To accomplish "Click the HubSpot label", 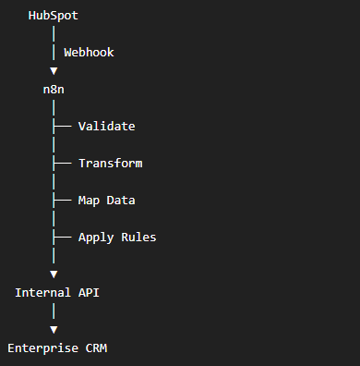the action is [x=54, y=16].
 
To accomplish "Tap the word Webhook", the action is [x=89, y=53].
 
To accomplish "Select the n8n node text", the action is [x=54, y=90].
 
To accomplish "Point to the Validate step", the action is [x=106, y=127].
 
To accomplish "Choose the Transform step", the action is [x=111, y=164].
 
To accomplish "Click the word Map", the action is [x=89, y=201].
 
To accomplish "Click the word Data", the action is [x=121, y=201].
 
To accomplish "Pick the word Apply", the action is [x=96, y=238].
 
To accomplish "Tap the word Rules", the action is [x=138, y=238].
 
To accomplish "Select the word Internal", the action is [x=42, y=293].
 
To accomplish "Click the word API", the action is [x=89, y=293].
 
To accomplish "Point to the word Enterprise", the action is [x=42, y=348].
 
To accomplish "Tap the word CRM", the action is [x=96, y=348].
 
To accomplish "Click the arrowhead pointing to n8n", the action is [x=54, y=71].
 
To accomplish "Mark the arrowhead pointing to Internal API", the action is [x=54, y=274].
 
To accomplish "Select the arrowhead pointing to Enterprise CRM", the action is [x=54, y=330].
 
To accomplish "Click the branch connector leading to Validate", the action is [x=62, y=127].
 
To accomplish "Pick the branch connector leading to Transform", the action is [x=62, y=164].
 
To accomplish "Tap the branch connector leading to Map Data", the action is [x=62, y=201].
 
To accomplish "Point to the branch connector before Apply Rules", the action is [x=62, y=238].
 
